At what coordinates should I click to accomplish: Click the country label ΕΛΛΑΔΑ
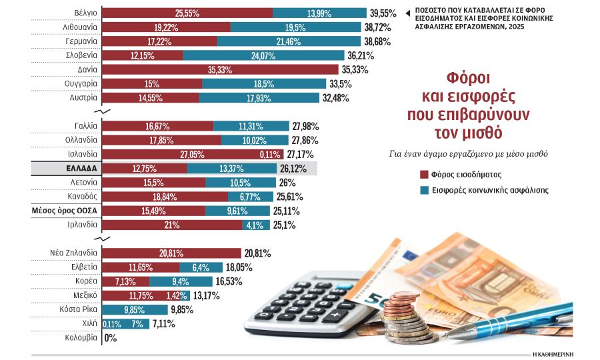point(81,169)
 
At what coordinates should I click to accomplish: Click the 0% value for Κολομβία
point(111,338)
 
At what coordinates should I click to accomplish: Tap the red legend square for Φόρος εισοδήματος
point(423,175)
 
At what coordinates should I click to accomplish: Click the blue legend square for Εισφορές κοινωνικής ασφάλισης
point(423,190)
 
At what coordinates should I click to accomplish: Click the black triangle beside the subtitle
point(407,12)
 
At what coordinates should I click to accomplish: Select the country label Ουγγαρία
point(82,83)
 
